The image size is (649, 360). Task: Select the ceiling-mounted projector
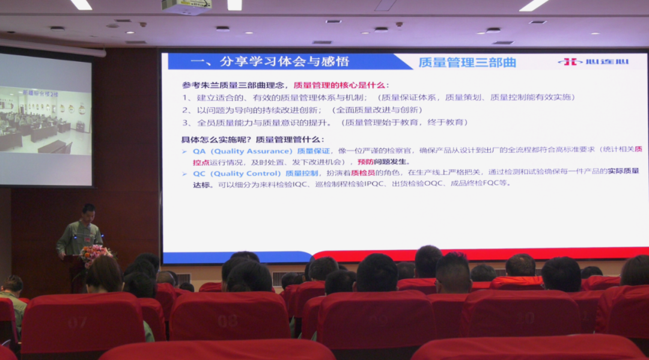pyautogui.click(x=186, y=6)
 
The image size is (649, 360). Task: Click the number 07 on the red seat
pyautogui.click(x=76, y=323)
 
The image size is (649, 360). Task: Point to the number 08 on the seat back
pyautogui.click(x=227, y=320)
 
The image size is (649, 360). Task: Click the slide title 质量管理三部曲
pyautogui.click(x=467, y=62)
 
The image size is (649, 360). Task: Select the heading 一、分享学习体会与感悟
pyautogui.click(x=269, y=61)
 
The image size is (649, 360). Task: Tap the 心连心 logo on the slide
pyautogui.click(x=593, y=62)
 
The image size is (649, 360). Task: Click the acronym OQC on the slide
pyautogui.click(x=436, y=183)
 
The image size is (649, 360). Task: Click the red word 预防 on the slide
pyautogui.click(x=365, y=162)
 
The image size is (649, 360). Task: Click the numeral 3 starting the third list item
pyautogui.click(x=186, y=123)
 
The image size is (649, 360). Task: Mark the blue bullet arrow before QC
pyautogui.click(x=185, y=173)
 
